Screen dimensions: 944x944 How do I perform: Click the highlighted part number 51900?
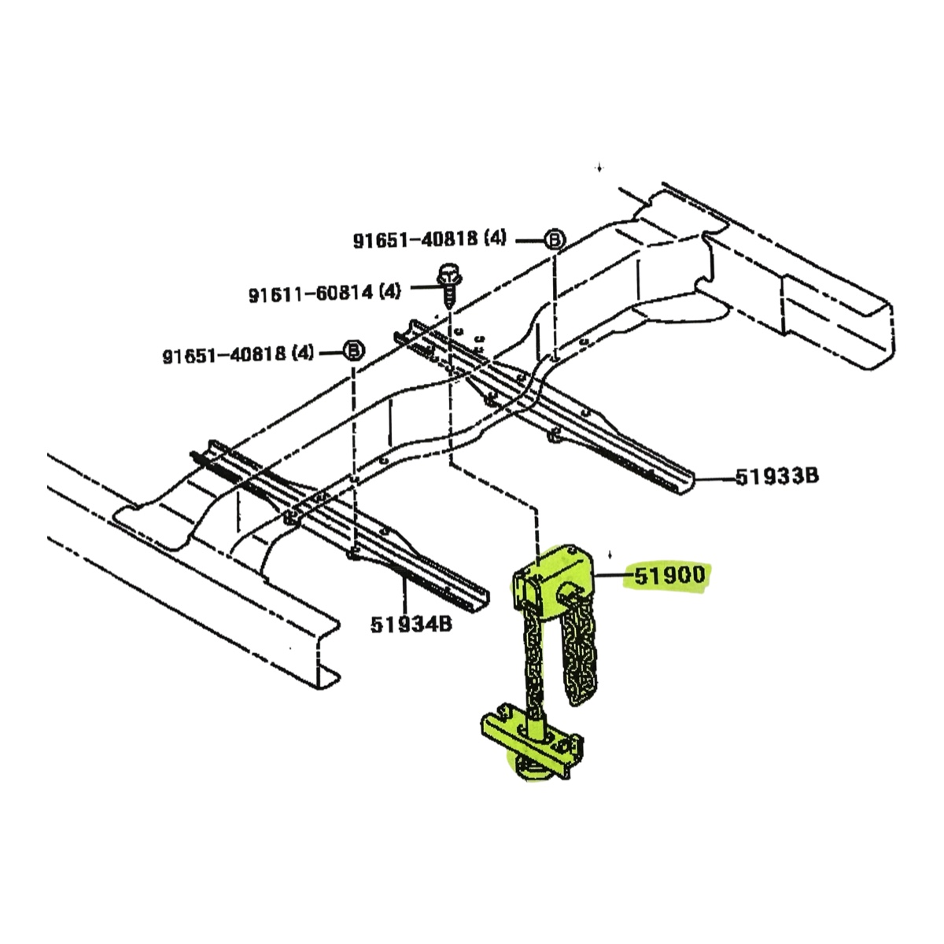[670, 575]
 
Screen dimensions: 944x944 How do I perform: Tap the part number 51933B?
[777, 476]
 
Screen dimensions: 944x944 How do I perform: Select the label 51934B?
[411, 624]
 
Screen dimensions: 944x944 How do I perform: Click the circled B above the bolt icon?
[555, 240]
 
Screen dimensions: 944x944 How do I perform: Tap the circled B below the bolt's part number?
[354, 351]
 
